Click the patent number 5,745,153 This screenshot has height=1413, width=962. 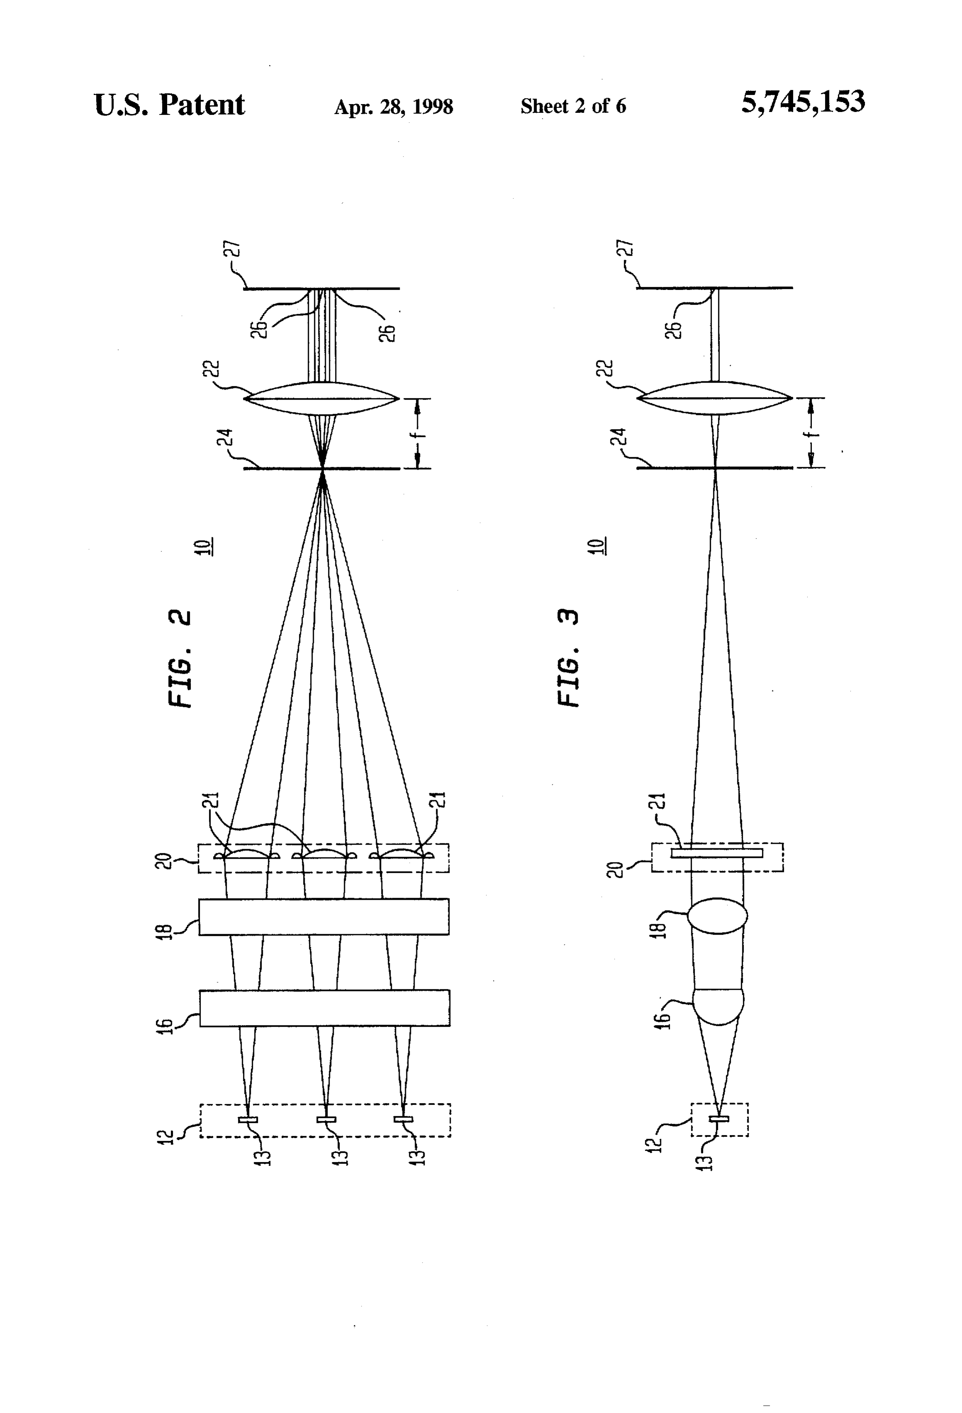click(803, 102)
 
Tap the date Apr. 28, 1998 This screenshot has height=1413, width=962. click(394, 107)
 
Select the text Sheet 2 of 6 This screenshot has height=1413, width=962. click(573, 107)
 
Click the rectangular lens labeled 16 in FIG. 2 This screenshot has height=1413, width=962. click(325, 1008)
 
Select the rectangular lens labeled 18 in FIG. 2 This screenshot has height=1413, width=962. click(324, 916)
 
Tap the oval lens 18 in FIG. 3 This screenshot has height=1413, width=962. click(717, 915)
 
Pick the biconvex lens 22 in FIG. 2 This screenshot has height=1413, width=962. click(321, 399)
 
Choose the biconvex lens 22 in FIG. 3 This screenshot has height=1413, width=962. click(714, 398)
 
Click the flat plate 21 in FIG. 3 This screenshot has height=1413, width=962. click(717, 852)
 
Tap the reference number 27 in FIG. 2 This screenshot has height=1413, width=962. click(235, 250)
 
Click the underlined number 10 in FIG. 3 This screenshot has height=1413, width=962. click(600, 546)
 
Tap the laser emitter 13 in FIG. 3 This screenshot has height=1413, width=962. click(719, 1117)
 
